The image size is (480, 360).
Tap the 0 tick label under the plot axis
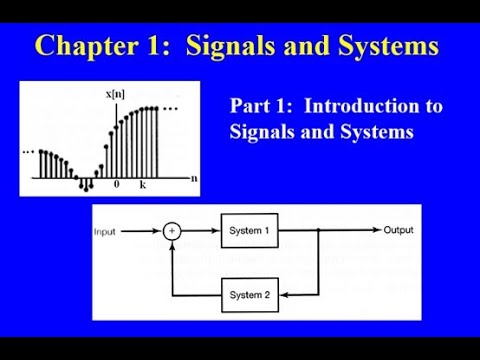[x=116, y=186]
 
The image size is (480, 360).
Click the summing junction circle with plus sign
[x=173, y=231]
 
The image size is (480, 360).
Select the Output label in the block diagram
[x=399, y=231]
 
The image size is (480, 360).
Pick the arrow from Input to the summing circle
[x=145, y=231]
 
